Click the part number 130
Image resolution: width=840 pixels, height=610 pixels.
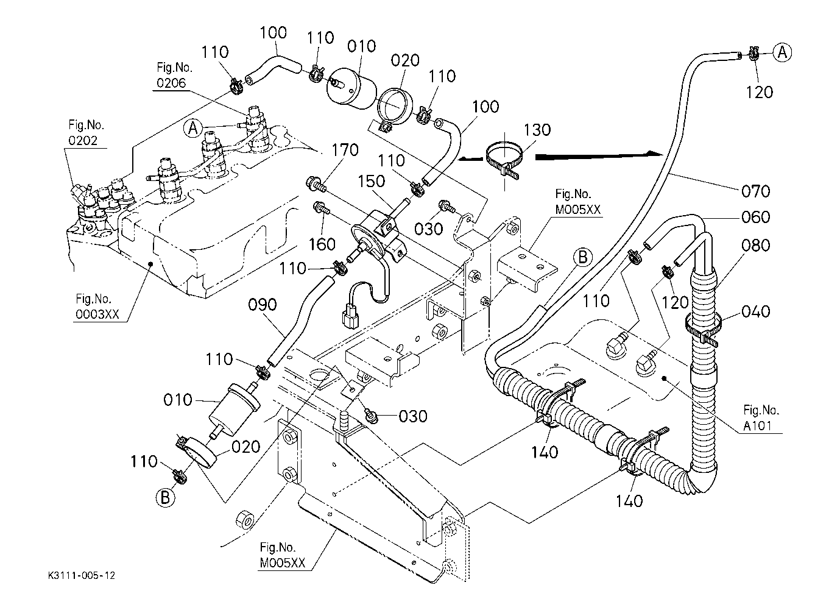click(537, 130)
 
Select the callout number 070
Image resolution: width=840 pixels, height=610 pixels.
click(755, 191)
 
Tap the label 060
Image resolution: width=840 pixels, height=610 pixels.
click(755, 217)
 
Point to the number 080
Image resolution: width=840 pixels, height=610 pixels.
click(755, 246)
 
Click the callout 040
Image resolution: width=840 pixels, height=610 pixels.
click(755, 312)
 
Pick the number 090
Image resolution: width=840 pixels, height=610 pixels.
click(263, 305)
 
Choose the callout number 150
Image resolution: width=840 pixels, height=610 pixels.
click(371, 182)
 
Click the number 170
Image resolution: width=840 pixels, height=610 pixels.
click(345, 150)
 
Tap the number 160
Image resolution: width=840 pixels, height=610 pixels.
click(322, 244)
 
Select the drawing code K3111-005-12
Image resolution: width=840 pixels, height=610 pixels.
click(82, 575)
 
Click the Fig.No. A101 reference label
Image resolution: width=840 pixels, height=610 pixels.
click(761, 418)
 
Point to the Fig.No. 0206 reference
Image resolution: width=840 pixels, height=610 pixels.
click(174, 76)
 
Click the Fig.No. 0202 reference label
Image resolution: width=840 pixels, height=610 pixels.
click(86, 132)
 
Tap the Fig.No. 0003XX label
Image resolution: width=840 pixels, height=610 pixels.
click(97, 307)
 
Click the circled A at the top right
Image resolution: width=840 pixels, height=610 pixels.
click(782, 52)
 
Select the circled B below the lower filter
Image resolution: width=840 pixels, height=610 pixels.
click(165, 497)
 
